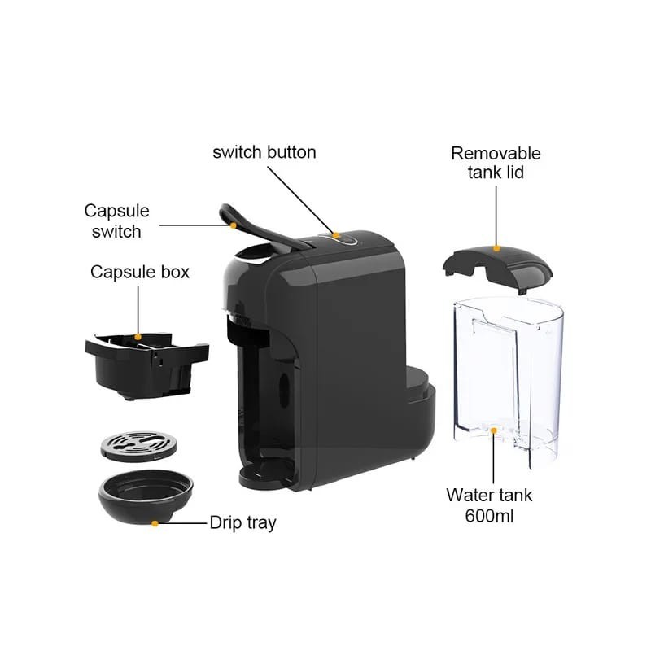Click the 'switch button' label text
point(264,152)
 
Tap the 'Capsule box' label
point(140,273)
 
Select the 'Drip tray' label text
point(242,523)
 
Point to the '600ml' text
point(489,516)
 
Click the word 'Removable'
point(496,154)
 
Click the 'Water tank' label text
point(489,496)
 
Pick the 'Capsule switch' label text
point(116,221)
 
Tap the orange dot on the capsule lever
point(234,225)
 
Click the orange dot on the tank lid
point(496,249)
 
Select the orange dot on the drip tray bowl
point(155,523)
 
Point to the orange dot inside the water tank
point(494,430)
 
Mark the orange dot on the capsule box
point(138,337)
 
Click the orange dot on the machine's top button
point(335,235)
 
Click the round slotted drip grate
point(138,446)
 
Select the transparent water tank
point(509,382)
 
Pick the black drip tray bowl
point(146,497)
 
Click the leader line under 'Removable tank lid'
point(496,216)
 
